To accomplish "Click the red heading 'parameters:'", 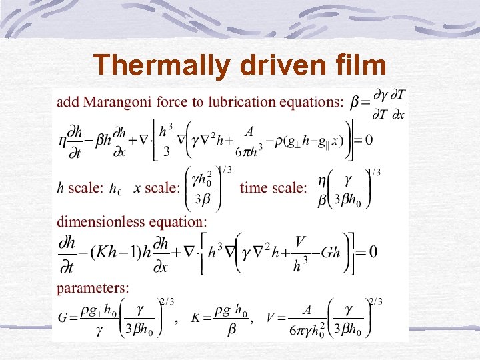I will (x=93, y=289).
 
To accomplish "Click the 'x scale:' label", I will (x=157, y=188).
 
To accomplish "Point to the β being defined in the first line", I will (x=355, y=103).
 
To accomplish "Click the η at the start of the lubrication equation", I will (x=63, y=140).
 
